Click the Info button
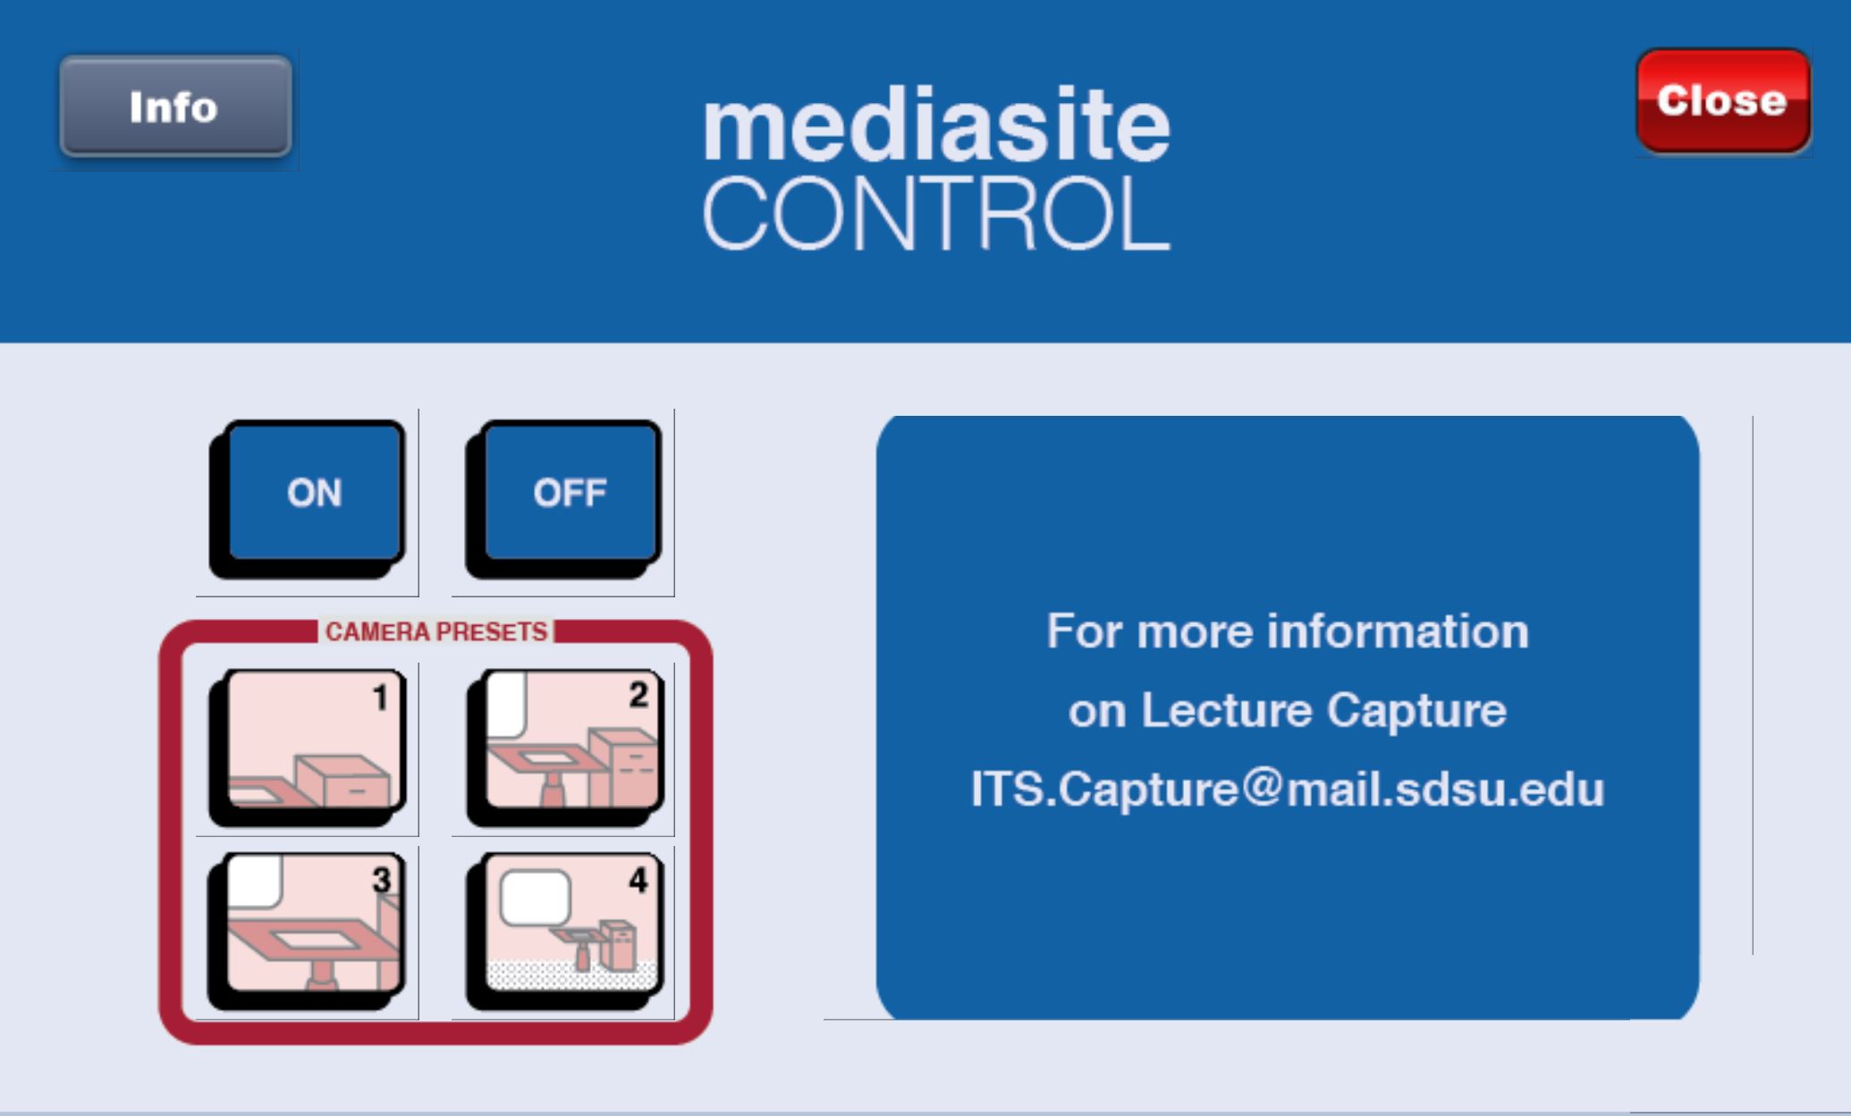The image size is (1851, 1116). point(175,106)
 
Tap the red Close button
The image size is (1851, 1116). point(1723,101)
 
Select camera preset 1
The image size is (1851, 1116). point(308,747)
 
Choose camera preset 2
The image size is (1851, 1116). point(564,747)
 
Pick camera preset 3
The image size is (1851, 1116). point(307,930)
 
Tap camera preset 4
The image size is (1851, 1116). point(564,930)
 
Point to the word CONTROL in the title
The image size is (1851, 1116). point(936,213)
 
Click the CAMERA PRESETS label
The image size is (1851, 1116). point(435,632)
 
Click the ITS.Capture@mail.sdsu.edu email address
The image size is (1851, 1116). point(1288,790)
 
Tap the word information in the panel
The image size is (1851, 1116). point(1399,631)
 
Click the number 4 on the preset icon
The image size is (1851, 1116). point(638,880)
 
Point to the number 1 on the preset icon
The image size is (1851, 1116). point(380,697)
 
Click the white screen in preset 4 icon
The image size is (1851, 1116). point(535,897)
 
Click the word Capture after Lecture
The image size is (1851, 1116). point(1417,712)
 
